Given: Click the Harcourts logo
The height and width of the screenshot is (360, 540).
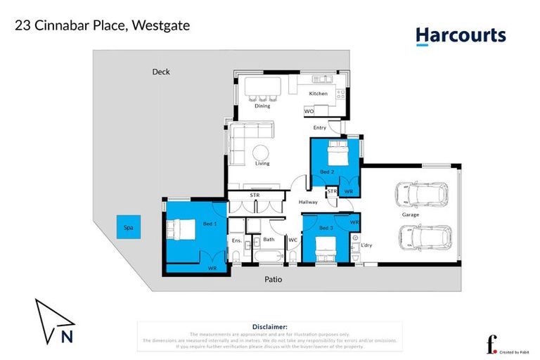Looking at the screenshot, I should [x=460, y=36].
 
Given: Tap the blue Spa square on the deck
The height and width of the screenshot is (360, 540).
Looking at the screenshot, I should [x=128, y=228].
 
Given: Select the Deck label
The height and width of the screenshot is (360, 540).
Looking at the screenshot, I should [x=161, y=72].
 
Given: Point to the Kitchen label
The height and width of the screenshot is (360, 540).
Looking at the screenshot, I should [x=319, y=94].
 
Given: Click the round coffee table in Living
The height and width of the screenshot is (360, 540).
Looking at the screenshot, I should [x=262, y=153].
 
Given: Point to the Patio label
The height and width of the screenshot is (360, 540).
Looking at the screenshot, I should [x=274, y=279].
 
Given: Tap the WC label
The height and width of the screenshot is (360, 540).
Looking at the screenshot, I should [x=292, y=240].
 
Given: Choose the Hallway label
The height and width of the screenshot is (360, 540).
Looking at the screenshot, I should [x=308, y=202].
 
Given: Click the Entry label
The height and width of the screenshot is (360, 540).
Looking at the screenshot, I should [x=320, y=127].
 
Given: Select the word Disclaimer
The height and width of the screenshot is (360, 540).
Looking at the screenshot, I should [x=269, y=327].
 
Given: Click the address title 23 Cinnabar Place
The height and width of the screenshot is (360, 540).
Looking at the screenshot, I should [x=103, y=26].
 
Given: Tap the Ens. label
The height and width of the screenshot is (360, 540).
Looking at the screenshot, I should [x=236, y=240].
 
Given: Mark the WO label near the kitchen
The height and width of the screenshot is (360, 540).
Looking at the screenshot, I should [x=309, y=111].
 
